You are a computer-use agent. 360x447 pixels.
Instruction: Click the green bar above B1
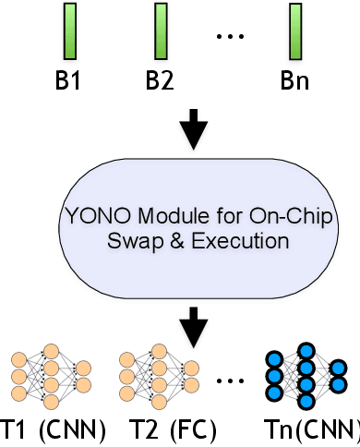[69, 30]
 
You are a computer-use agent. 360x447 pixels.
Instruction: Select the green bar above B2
[160, 30]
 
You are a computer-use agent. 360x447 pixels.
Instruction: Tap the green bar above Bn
[295, 30]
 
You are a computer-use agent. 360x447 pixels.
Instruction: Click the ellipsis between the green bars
[228, 38]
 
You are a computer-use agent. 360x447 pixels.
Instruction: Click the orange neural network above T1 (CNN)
[49, 378]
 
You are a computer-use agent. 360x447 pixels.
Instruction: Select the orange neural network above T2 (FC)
[159, 378]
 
